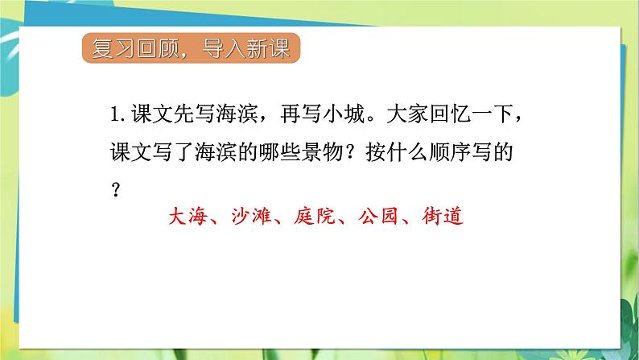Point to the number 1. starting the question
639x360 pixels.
(x=119, y=116)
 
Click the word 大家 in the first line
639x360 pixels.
(x=410, y=116)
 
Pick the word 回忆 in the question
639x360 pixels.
(x=453, y=116)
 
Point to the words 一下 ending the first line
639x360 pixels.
(x=497, y=116)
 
